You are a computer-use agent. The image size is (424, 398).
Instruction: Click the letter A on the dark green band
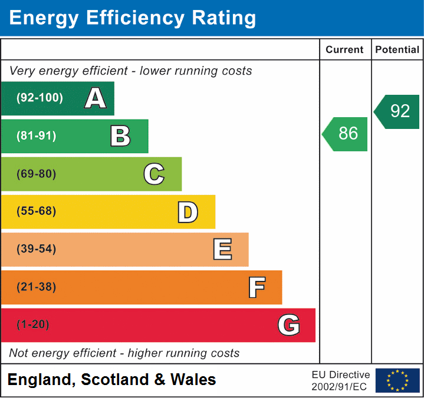(96, 98)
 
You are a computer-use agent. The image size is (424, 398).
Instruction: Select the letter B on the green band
(120, 136)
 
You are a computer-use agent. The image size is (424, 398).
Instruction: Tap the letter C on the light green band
(154, 174)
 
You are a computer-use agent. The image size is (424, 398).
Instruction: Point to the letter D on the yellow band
(188, 211)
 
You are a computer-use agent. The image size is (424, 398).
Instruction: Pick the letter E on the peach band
(222, 249)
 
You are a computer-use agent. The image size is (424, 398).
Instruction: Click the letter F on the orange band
(256, 287)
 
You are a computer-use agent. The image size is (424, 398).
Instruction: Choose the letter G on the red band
(289, 325)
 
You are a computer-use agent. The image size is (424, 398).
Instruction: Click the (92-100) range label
(40, 98)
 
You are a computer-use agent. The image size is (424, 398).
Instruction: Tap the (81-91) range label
(37, 136)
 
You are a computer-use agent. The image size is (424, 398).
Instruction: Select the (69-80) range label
(37, 174)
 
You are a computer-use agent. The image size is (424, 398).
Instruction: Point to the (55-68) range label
(37, 211)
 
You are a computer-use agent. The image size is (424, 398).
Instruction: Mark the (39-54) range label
(37, 249)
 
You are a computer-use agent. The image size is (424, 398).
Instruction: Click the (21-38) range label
(37, 287)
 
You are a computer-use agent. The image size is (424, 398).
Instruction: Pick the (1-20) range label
(33, 325)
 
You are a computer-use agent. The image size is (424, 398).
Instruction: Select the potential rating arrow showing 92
(397, 111)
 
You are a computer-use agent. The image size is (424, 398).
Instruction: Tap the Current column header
(345, 50)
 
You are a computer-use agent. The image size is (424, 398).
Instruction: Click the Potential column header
(397, 50)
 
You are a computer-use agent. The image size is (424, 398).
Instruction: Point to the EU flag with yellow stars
(397, 380)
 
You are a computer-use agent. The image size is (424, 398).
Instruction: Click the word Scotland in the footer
(114, 380)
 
